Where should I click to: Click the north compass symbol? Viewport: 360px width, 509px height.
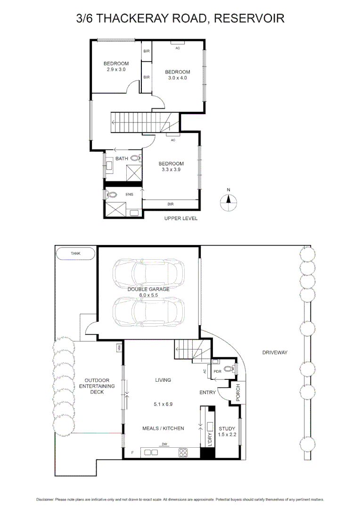coord(229,201)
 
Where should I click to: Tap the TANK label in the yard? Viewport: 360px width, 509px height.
coord(75,253)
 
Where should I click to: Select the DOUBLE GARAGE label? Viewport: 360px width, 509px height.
coord(148,289)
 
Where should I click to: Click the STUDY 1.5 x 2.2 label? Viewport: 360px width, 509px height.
coord(227,431)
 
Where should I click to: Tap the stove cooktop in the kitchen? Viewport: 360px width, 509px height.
coord(183,452)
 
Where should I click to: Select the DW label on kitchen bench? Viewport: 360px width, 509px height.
coord(164,444)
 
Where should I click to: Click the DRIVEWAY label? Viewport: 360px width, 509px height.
coord(275,352)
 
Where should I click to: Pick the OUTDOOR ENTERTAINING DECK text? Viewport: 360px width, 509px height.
coord(97,386)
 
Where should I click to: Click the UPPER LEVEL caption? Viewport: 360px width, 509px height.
coord(180,219)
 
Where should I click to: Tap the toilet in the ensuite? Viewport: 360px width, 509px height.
coord(112,194)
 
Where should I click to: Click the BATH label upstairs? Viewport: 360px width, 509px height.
coord(122,158)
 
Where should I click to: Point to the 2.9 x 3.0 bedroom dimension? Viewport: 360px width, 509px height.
coord(116,70)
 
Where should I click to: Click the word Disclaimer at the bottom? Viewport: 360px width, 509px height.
coord(45,499)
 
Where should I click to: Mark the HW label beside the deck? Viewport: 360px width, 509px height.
coord(119,348)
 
